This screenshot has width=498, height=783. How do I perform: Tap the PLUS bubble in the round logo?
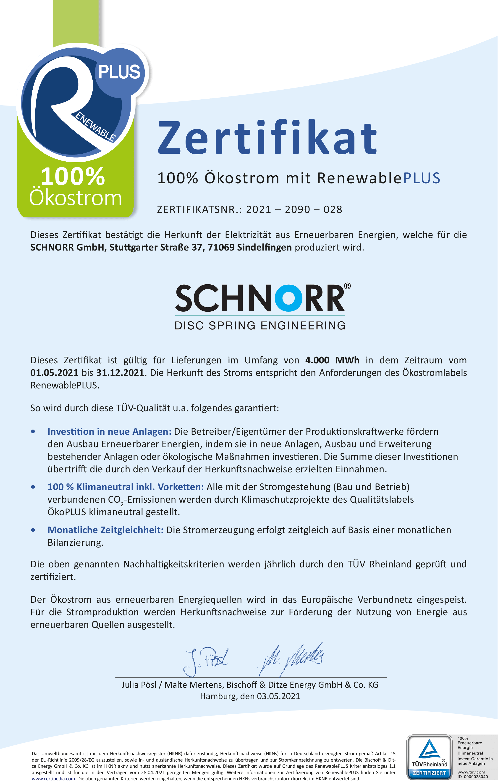[119, 72]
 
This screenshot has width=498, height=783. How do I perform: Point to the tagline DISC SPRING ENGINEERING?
[260, 326]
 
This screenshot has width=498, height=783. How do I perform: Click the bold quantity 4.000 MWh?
[332, 360]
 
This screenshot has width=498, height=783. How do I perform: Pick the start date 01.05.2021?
[54, 373]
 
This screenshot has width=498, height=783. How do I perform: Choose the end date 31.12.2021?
[120, 373]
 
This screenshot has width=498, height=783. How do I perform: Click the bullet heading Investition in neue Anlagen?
[109, 432]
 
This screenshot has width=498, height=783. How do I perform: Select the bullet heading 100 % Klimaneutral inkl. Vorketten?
[126, 487]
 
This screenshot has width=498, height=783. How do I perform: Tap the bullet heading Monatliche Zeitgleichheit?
[105, 530]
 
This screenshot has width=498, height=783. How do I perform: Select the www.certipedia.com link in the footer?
[53, 779]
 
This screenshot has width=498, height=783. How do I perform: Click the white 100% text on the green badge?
[73, 177]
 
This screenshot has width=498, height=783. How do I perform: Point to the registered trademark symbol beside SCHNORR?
[347, 286]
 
